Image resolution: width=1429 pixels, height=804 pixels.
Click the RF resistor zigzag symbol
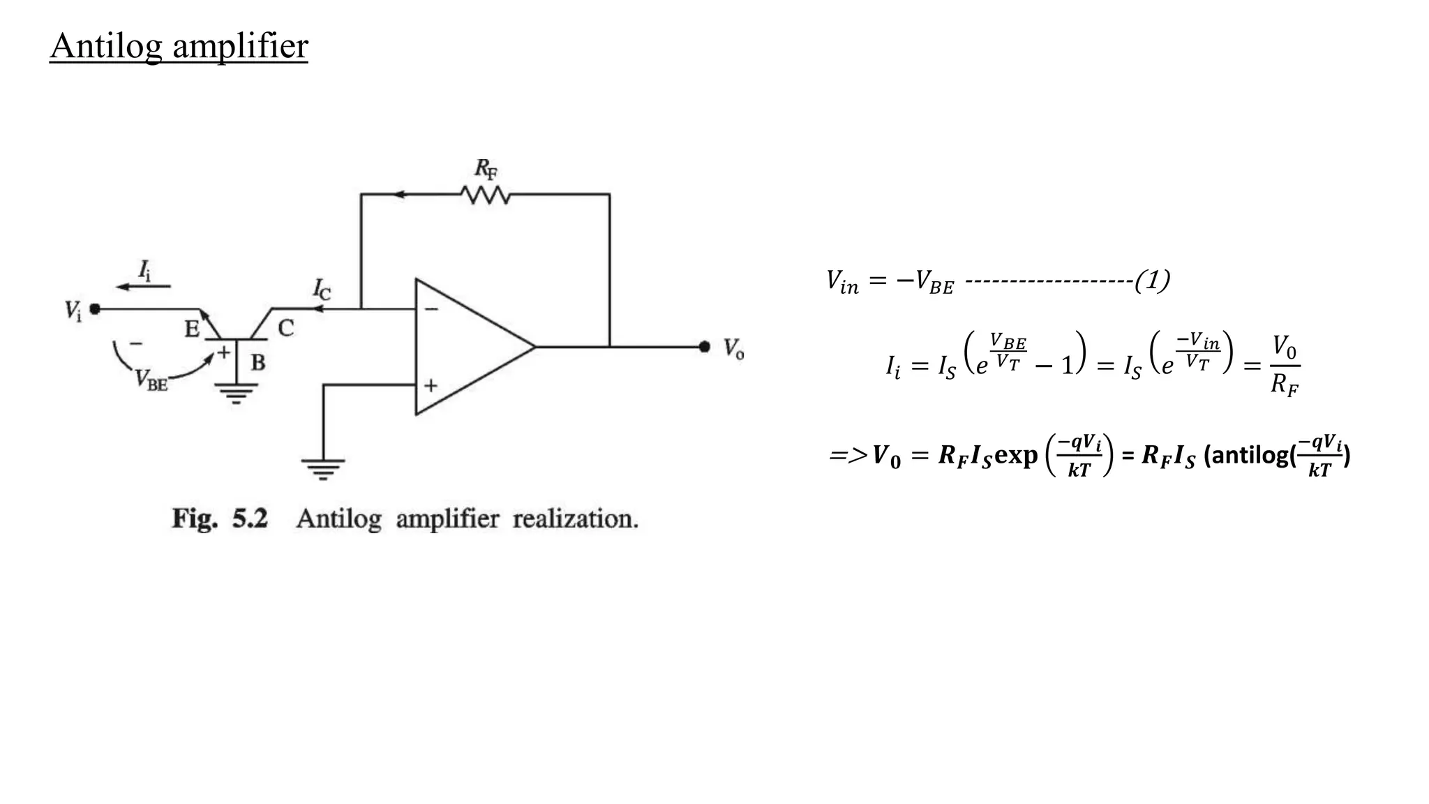coord(486,195)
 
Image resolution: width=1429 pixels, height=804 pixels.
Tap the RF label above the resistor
coord(486,169)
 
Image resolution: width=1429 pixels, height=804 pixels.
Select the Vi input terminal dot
coord(95,308)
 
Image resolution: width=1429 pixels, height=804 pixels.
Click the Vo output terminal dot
coord(704,346)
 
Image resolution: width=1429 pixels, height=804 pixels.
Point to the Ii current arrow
coord(143,286)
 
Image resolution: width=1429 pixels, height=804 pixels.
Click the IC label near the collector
coord(321,288)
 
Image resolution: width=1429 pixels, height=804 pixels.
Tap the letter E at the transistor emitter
coord(192,329)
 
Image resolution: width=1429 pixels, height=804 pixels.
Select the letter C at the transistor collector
coord(286,328)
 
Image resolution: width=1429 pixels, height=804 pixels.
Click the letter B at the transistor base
coord(258,363)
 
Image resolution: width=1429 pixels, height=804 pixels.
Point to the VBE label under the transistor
coord(151,380)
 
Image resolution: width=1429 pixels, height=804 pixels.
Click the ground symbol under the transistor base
coord(237,395)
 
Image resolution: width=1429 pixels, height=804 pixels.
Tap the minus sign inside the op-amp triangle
coord(432,308)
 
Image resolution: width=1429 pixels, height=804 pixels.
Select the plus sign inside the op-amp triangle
coord(431,385)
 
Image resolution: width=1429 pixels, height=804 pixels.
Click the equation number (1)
coord(1152,281)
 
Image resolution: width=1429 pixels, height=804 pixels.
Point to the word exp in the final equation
coord(1016,455)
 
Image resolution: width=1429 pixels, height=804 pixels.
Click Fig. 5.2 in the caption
coord(220,519)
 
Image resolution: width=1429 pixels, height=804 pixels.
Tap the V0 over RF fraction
coord(1284,365)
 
